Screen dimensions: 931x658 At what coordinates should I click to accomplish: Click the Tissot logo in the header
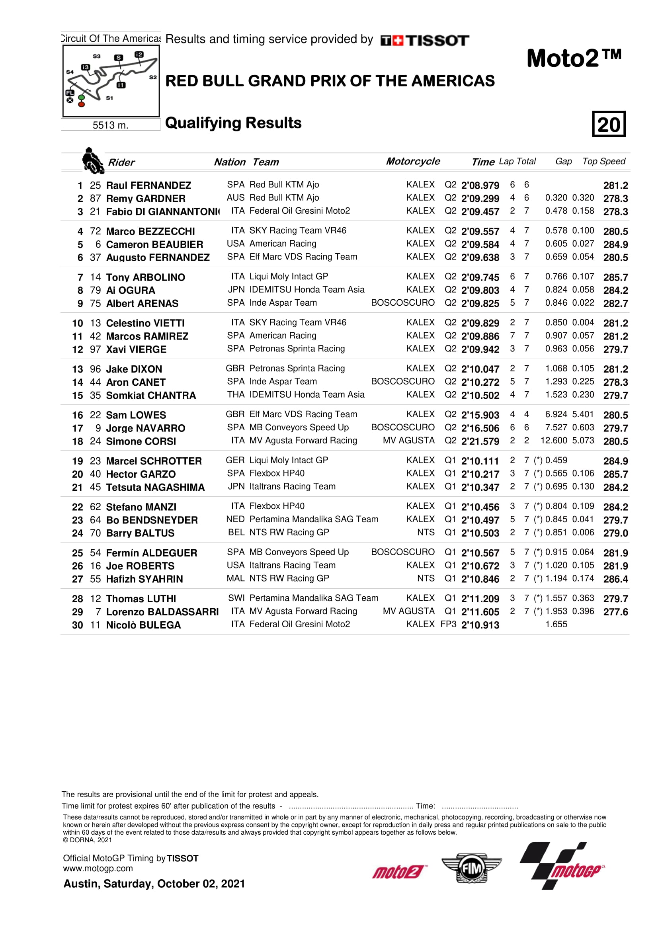click(x=424, y=40)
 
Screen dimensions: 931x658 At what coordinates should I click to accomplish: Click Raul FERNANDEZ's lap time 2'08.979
click(x=480, y=185)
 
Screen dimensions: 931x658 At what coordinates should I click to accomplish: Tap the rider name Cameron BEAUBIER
click(x=154, y=244)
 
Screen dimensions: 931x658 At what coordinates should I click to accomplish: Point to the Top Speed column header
click(x=604, y=161)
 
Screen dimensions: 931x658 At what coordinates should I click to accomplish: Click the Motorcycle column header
click(x=413, y=161)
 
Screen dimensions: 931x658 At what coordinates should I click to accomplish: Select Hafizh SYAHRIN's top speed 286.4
click(x=615, y=579)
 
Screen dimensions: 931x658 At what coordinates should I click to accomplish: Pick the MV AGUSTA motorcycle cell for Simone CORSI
click(x=408, y=440)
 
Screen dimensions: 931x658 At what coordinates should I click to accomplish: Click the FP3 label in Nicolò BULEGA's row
click(x=448, y=624)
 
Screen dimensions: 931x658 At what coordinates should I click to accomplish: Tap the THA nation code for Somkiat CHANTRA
click(x=236, y=394)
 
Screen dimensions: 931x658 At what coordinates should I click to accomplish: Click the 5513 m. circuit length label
click(x=110, y=125)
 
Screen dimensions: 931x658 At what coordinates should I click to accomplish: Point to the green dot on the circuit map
click(x=82, y=97)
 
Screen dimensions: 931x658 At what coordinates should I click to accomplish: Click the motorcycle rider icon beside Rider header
click(x=92, y=160)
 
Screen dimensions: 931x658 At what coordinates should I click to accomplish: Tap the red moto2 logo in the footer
click(x=398, y=871)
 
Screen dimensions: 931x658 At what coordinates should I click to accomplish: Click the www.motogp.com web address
click(x=98, y=869)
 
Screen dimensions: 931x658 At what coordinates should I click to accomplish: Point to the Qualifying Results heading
click(x=233, y=123)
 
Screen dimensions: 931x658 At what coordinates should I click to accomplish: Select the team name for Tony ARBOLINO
click(x=289, y=277)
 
